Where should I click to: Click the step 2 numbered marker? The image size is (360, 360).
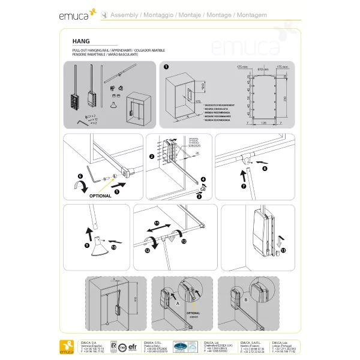(x=152, y=157)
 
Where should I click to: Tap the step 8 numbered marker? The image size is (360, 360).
(x=265, y=169)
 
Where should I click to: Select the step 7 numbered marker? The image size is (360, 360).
(x=244, y=187)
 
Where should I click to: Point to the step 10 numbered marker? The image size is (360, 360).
(x=114, y=246)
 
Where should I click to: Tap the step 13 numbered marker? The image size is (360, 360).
(x=283, y=248)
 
